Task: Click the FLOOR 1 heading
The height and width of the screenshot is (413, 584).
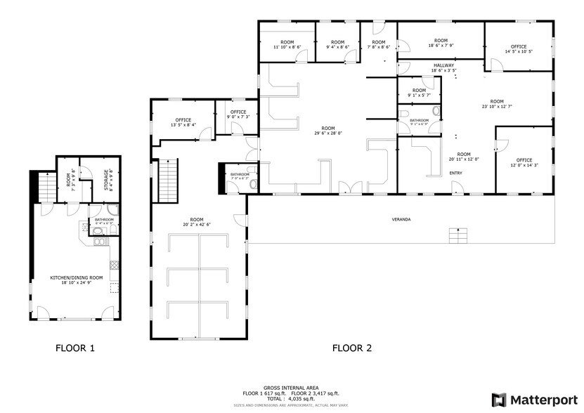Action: pyautogui.click(x=75, y=348)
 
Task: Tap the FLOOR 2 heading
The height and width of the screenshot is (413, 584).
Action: pyautogui.click(x=351, y=348)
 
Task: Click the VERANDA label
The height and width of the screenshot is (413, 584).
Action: pyautogui.click(x=401, y=219)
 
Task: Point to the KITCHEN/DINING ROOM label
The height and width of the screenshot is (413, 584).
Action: pyautogui.click(x=77, y=277)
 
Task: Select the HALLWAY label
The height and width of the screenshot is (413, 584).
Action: pyautogui.click(x=424, y=65)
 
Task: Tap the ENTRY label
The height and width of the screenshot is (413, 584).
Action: pyautogui.click(x=456, y=173)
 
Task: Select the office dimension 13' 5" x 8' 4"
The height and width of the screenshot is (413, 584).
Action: pyautogui.click(x=183, y=125)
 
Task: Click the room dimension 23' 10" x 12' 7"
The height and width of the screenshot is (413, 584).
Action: pyautogui.click(x=497, y=106)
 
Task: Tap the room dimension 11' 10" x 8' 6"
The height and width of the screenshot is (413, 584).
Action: pyautogui.click(x=287, y=47)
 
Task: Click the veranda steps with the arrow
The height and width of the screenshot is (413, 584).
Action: pyautogui.click(x=458, y=236)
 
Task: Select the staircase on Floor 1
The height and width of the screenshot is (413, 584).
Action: pyautogui.click(x=45, y=187)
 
